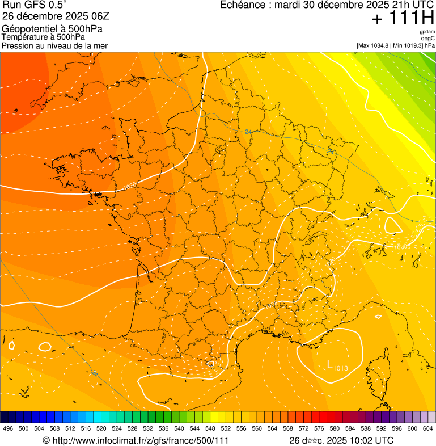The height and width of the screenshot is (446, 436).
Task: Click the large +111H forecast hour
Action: pos(403,18)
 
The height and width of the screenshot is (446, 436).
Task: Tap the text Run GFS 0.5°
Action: pos(35,5)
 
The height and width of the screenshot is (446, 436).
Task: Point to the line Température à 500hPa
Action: pos(44,37)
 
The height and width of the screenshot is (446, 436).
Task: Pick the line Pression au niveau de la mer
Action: pos(54,45)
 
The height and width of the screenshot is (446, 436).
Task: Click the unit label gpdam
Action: pos(427,32)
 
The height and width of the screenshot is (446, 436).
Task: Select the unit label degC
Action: pos(427,39)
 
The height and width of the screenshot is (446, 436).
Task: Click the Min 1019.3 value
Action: pos(408,45)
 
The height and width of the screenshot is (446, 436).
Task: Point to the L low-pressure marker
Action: pos(329,364)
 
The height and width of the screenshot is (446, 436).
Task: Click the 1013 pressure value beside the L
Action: pos(340,369)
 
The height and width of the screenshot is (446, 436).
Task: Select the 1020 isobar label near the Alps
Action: pos(401,247)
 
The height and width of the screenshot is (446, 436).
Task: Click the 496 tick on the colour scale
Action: pos(8,428)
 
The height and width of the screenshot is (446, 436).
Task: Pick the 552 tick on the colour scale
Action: pos(226,428)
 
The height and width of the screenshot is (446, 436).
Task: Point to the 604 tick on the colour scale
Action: pos(428,428)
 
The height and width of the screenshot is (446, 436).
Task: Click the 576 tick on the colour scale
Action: pos(319,428)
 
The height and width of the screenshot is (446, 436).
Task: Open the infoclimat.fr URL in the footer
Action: pos(140,440)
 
